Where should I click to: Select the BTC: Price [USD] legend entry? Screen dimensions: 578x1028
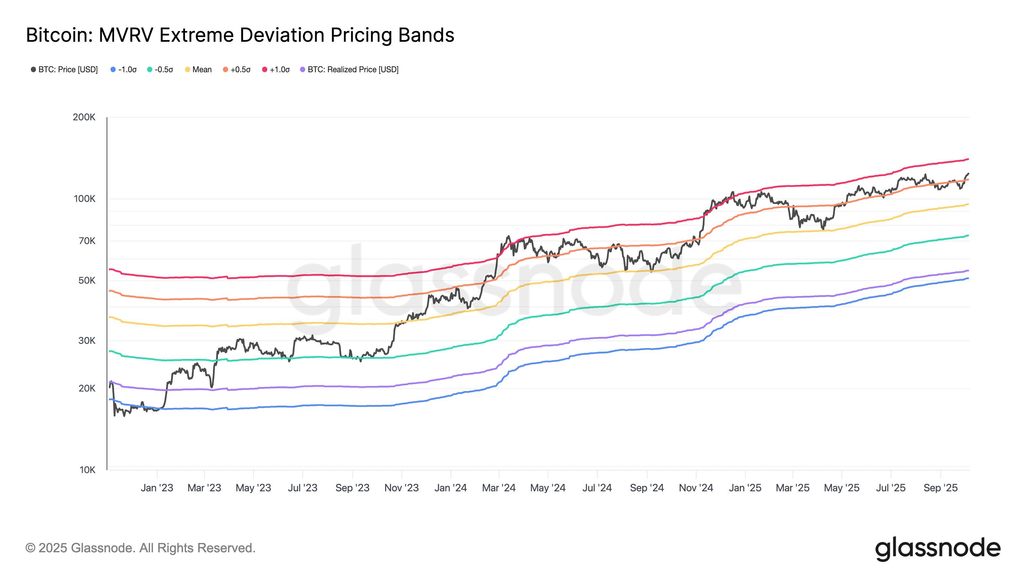click(x=64, y=69)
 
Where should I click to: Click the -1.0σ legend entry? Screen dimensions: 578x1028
click(x=124, y=69)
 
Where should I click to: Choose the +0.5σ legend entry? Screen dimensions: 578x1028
click(x=237, y=69)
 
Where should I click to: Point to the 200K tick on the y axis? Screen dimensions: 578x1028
click(x=84, y=117)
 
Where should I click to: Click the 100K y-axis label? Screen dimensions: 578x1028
click(x=84, y=199)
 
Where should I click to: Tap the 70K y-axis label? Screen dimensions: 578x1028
click(x=87, y=241)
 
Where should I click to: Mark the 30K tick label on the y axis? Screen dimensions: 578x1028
click(x=87, y=340)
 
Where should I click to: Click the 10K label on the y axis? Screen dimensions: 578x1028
click(x=87, y=469)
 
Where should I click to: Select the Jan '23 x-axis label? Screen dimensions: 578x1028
click(x=157, y=488)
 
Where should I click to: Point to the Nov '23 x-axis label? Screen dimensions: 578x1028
click(x=402, y=488)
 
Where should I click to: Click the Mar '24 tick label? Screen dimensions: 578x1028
click(x=499, y=488)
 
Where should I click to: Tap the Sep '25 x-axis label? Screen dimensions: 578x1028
click(x=941, y=488)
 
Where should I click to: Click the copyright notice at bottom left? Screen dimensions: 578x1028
click(x=140, y=548)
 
